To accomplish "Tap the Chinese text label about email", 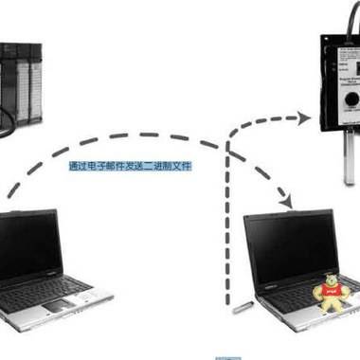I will click(130, 167).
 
